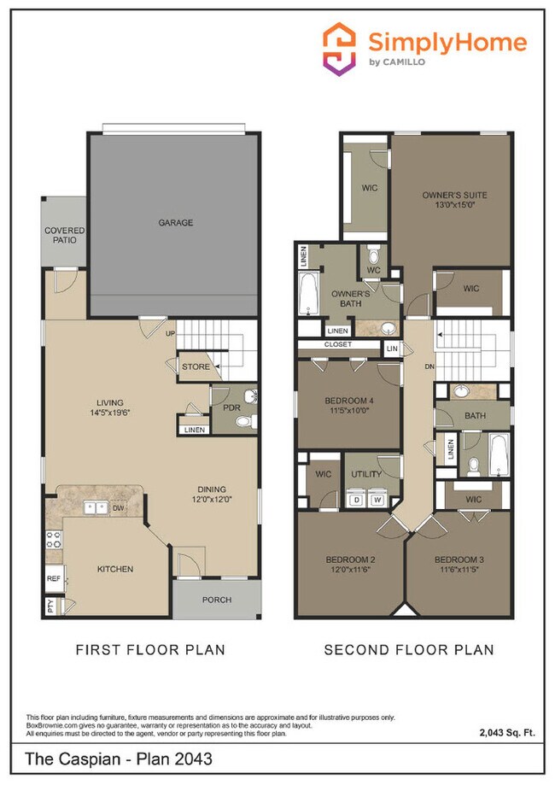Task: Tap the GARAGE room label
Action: (175, 223)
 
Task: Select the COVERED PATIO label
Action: (64, 236)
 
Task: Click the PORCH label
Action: (216, 600)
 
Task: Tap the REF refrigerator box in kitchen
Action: (53, 578)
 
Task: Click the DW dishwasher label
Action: (120, 508)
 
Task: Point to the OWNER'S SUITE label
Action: (454, 200)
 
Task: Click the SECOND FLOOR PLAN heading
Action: (408, 650)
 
